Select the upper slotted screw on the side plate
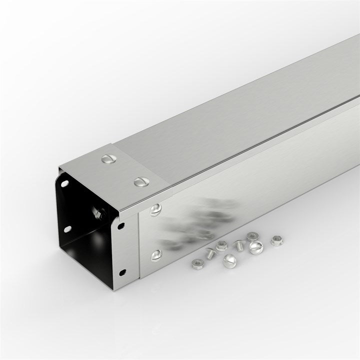pyautogui.click(x=156, y=210)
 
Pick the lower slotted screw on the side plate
pyautogui.click(x=156, y=255)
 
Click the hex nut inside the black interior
pyautogui.click(x=97, y=214)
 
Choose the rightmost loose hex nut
pyautogui.click(x=275, y=240)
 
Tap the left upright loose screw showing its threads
pyautogui.click(x=210, y=254)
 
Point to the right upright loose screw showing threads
pyautogui.click(x=239, y=245)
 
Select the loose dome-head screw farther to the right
pyautogui.click(x=255, y=246)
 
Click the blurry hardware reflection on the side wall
pyautogui.click(x=200, y=220)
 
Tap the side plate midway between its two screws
pyautogui.click(x=156, y=232)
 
